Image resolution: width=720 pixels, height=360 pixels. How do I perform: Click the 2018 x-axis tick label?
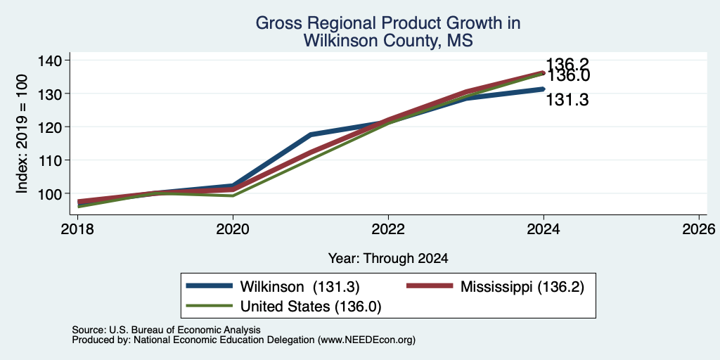[77, 229]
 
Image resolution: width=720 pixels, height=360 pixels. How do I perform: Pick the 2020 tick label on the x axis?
[233, 229]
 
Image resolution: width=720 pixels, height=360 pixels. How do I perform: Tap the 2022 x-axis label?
[388, 229]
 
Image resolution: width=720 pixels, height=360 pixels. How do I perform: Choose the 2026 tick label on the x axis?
[700, 229]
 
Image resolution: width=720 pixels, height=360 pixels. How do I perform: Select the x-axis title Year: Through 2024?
[388, 259]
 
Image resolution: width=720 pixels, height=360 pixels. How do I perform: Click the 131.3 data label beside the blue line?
[567, 100]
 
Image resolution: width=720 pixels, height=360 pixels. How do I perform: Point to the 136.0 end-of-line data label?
[567, 76]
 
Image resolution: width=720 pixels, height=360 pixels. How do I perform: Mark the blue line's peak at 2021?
[311, 134]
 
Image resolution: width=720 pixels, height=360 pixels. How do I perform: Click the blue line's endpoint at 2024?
[544, 89]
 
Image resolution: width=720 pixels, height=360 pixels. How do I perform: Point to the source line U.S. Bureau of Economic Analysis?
[166, 330]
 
